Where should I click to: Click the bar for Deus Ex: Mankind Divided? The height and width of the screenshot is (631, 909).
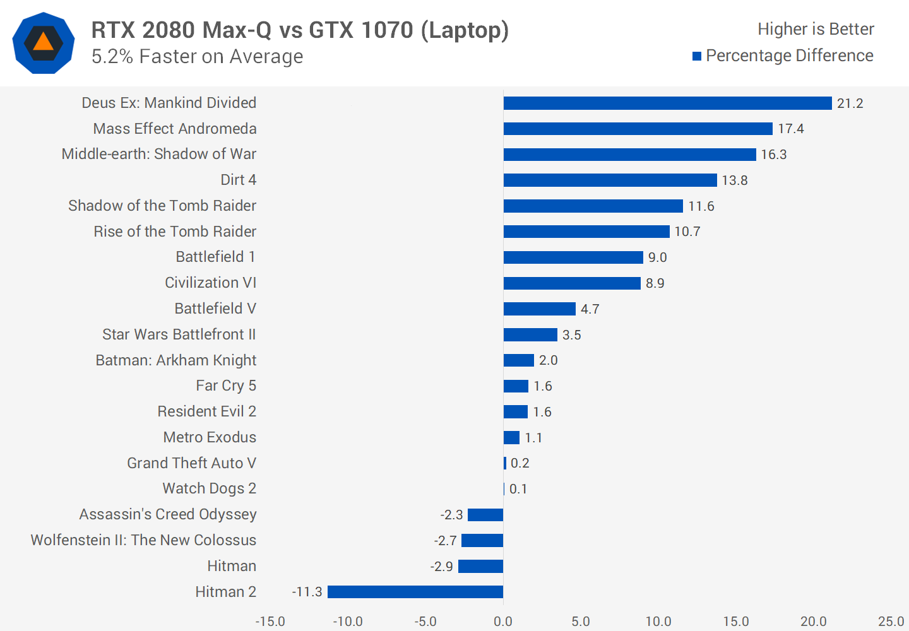point(667,103)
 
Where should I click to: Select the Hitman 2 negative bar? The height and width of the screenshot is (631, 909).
point(415,592)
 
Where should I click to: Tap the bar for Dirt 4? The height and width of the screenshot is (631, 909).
point(610,180)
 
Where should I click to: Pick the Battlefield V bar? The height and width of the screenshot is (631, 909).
point(539,309)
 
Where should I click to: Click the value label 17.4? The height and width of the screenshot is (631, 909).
point(790,129)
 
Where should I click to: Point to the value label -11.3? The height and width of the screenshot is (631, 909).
point(307,592)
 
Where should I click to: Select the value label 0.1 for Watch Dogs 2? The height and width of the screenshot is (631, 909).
point(518,489)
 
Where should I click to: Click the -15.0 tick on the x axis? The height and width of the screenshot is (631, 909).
point(270,622)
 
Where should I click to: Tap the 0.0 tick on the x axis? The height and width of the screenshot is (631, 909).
point(503,622)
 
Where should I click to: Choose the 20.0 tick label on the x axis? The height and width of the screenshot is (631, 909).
point(813,622)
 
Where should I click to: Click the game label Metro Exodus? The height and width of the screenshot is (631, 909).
point(210,437)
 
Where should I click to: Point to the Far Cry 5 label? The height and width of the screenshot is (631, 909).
point(226,386)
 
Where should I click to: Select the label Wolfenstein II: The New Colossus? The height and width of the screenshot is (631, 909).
point(144,540)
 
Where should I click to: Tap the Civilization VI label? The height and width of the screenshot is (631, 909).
point(210,283)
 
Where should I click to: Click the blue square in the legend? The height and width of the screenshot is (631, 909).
point(697,56)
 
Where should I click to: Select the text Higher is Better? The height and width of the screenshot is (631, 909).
point(816,29)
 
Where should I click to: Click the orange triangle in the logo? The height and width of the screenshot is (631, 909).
point(43,42)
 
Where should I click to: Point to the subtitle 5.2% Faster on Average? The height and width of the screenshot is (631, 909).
point(197,57)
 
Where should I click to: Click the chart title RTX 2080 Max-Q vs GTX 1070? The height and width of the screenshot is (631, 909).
point(300,30)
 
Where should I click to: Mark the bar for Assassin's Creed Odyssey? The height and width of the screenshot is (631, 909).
point(485,515)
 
